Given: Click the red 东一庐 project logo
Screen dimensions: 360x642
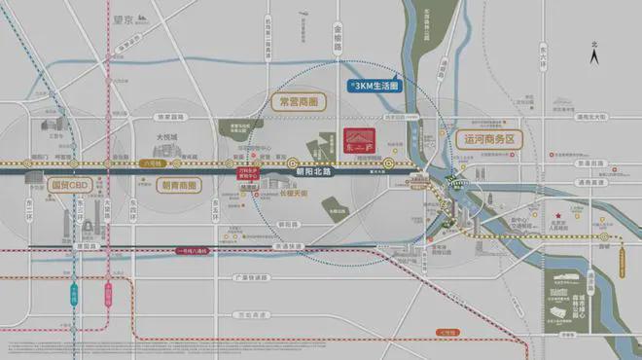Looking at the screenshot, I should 359,143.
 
